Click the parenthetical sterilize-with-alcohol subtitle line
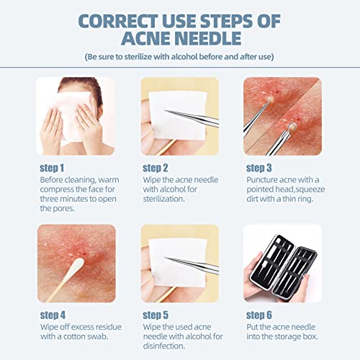[180, 55]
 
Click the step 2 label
[162, 166]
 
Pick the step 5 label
[162, 315]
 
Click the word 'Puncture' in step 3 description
[266, 179]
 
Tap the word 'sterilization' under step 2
[173, 199]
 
